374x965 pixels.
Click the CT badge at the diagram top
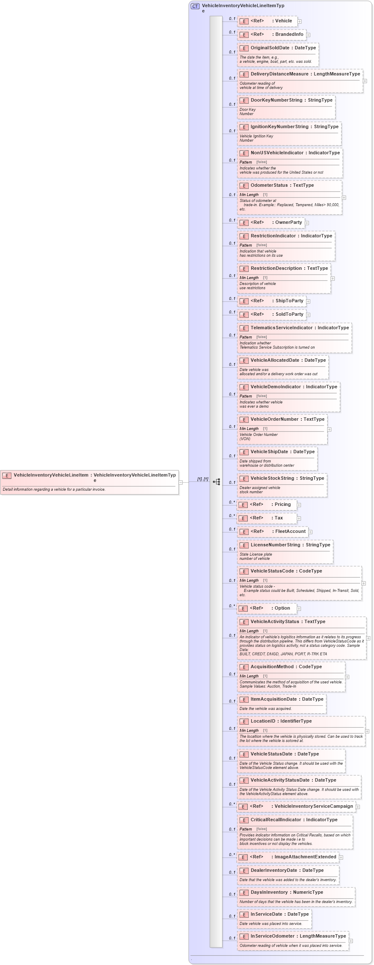(195, 6)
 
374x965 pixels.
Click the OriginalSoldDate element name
(270, 48)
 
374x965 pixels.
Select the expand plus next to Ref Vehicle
(299, 21)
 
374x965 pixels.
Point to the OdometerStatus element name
(269, 185)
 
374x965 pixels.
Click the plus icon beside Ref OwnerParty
(307, 223)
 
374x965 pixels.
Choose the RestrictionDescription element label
(276, 269)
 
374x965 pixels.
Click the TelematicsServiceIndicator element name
(282, 328)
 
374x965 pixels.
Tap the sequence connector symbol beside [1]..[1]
(217, 481)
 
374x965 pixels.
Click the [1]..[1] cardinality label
(203, 479)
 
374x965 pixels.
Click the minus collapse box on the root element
(181, 482)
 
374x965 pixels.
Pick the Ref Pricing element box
(266, 505)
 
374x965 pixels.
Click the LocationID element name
(263, 721)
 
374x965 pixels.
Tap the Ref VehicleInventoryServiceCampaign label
(314, 806)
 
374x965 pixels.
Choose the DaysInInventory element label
(269, 892)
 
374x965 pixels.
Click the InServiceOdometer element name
(272, 936)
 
